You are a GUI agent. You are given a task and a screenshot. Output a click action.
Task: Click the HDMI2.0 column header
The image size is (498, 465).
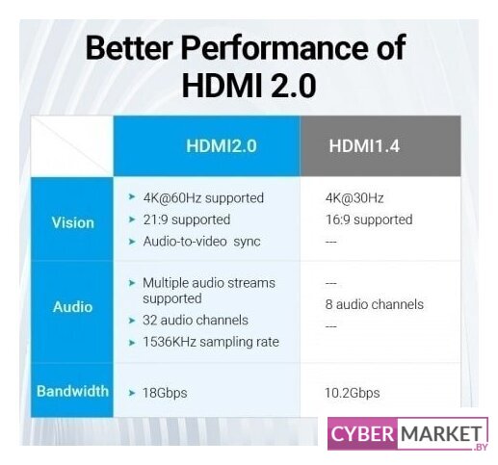point(222,146)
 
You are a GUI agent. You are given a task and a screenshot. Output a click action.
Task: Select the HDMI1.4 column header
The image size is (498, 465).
point(364,146)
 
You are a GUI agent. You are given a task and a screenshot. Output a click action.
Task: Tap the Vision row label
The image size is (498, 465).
point(73,222)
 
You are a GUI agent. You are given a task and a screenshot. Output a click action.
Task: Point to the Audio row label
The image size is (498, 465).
point(73,307)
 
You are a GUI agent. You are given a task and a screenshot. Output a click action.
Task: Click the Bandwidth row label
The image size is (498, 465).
point(72,391)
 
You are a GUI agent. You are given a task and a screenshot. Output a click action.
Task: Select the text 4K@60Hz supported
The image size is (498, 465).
point(203,198)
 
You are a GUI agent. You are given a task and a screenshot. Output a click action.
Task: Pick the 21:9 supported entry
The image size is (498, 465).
point(187,220)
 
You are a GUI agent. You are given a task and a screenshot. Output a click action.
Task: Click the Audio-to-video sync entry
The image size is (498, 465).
point(201,242)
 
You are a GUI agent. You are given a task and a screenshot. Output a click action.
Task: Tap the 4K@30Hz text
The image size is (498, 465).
point(354,198)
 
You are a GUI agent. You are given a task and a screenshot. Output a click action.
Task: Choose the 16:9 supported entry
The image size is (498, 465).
point(369,220)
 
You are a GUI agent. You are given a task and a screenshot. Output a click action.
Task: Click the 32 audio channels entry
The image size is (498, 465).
point(196,320)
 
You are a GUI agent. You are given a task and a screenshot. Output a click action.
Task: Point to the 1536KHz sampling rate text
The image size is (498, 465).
point(211,342)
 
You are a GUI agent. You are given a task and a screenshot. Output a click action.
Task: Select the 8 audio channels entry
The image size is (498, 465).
point(375,304)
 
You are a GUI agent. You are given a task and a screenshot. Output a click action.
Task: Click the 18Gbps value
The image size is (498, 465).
point(165,393)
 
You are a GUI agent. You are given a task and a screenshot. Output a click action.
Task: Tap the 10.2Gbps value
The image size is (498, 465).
point(353,393)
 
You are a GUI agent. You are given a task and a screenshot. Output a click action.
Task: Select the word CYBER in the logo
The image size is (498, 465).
point(362,434)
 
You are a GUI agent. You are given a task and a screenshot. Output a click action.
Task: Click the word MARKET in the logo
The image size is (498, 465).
point(441,434)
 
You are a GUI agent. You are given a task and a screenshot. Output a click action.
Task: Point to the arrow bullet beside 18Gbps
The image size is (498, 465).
point(132,393)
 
